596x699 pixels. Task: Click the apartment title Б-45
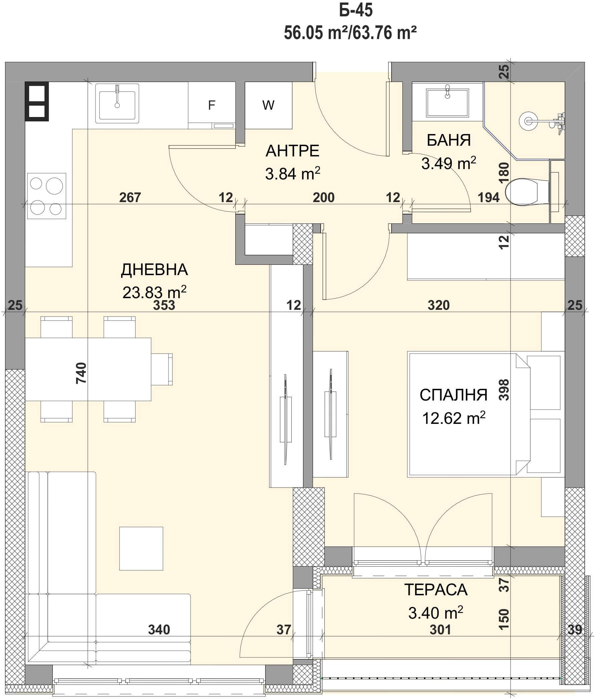356,11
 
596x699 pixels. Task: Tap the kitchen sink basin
117,103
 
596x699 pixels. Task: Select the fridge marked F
212,105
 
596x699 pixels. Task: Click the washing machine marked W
268,105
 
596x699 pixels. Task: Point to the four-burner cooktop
47,196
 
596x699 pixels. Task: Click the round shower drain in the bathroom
528,121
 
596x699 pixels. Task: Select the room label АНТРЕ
293,151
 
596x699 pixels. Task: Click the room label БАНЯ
449,140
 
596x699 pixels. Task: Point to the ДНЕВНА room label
154,270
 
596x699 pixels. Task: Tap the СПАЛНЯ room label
454,395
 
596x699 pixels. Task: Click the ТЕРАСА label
436,590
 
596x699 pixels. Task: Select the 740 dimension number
82,373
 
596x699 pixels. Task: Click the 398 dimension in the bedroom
504,390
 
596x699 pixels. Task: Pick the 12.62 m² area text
454,418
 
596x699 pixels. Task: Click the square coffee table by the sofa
141,549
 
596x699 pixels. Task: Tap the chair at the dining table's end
162,369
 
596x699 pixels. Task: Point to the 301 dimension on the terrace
440,630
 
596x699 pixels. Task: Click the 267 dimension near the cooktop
130,197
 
